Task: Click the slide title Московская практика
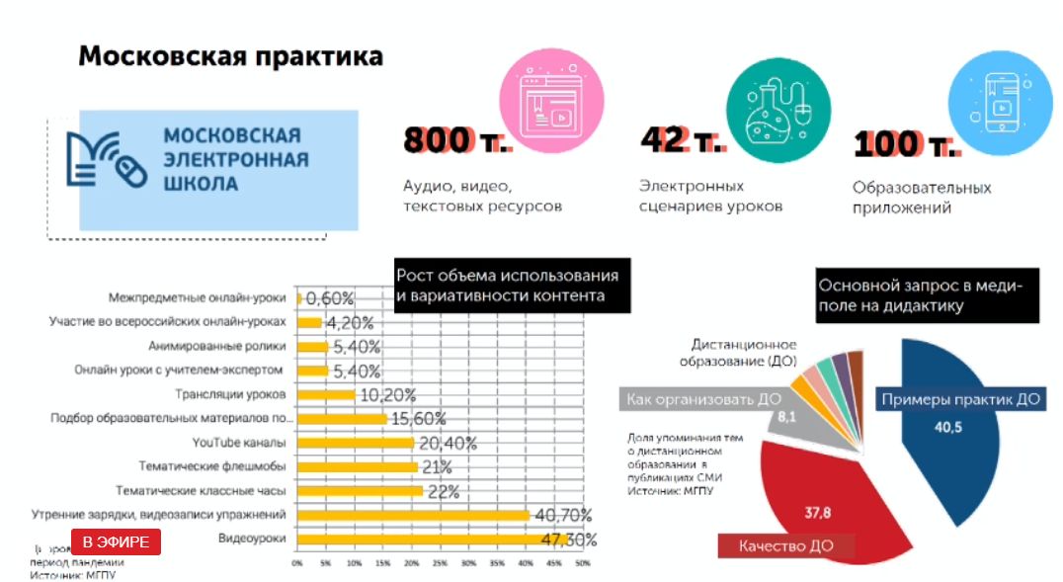click(230, 56)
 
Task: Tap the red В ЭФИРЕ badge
click(116, 541)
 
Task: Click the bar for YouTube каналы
click(356, 442)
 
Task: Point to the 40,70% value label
click(562, 515)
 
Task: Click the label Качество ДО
click(786, 544)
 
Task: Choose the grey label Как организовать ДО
click(701, 399)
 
